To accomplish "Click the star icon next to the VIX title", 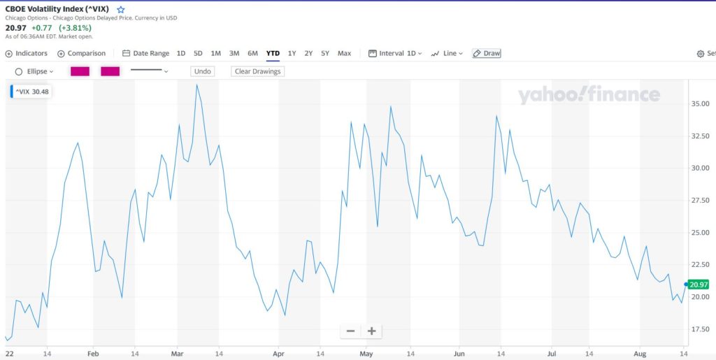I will pos(121,10).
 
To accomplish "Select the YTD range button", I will pos(273,53).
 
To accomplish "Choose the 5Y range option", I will pos(325,53).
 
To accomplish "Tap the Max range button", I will pos(344,53).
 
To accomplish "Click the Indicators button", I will pos(27,53).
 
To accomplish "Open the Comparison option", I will pos(82,53).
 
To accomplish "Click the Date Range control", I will pos(145,53).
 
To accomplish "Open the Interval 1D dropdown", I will pos(395,53).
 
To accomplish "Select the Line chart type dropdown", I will pos(447,53).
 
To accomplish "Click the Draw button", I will pos(487,53).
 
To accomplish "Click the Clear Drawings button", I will pos(257,71).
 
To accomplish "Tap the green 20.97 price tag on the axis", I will pos(699,285).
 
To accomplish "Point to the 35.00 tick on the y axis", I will pos(700,103).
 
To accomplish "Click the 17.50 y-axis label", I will pos(700,329).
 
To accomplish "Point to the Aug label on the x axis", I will pos(639,354).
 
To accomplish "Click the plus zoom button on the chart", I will pos(371,331).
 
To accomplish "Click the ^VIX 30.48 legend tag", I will pos(30,92).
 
